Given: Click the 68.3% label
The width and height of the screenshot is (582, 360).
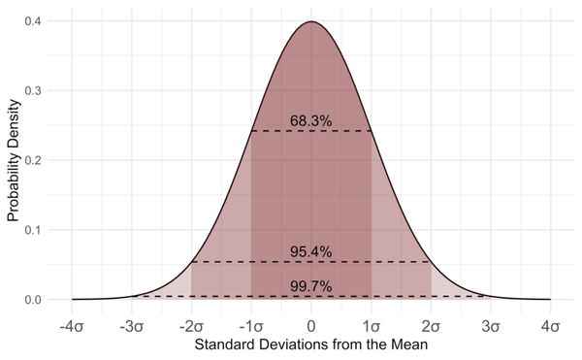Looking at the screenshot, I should coord(311,121).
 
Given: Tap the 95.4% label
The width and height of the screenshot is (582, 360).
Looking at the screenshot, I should coord(311,252).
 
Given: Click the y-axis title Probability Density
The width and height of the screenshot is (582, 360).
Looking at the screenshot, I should coord(14,160).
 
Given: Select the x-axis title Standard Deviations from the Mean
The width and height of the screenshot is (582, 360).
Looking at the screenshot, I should coord(311,344).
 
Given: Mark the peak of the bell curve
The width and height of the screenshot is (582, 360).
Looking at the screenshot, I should coord(311,21).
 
